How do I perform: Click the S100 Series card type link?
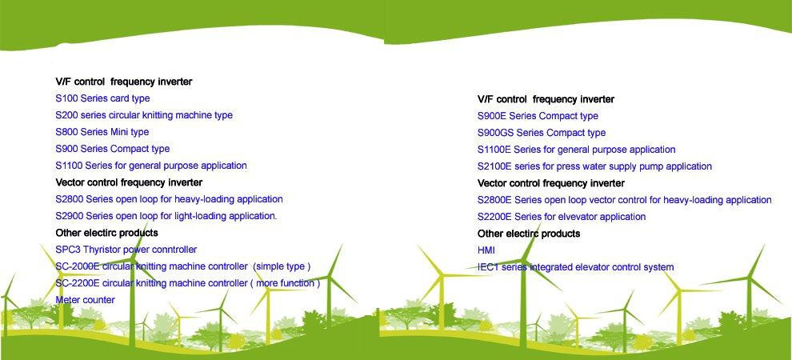(x=102, y=98)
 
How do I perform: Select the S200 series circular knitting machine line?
(x=144, y=115)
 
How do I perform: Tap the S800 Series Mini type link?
(x=102, y=132)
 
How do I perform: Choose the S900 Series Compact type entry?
(x=113, y=149)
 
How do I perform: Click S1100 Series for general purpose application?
(x=151, y=166)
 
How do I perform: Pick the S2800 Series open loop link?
(x=170, y=199)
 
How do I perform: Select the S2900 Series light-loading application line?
(x=166, y=216)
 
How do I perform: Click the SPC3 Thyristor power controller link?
(x=126, y=250)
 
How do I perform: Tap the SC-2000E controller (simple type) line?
(x=183, y=266)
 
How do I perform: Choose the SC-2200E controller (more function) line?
(x=188, y=283)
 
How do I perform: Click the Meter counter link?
(x=85, y=300)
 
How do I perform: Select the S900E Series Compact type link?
(x=538, y=116)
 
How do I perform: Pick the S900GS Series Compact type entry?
(x=542, y=133)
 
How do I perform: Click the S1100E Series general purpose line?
(x=576, y=150)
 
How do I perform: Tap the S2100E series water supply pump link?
(x=594, y=166)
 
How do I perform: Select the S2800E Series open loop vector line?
(x=624, y=201)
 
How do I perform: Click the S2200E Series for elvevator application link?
(x=562, y=217)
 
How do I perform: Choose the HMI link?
(x=486, y=250)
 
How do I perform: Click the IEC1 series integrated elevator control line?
(x=576, y=267)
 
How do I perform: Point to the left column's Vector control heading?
(x=129, y=182)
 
